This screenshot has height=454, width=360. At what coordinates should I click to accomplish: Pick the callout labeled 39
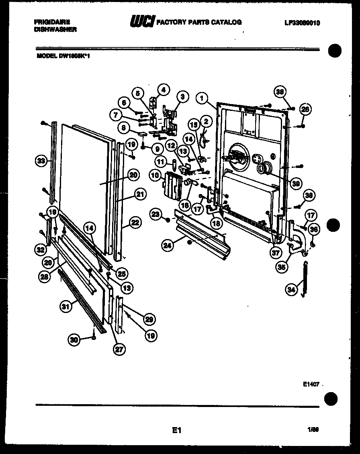(x=297, y=184)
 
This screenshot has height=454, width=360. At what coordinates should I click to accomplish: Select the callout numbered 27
(x=119, y=349)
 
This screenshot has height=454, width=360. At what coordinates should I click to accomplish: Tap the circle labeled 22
(x=135, y=222)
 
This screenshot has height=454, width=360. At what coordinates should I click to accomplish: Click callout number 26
(x=305, y=108)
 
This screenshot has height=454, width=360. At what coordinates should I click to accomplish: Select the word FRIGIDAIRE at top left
(x=52, y=22)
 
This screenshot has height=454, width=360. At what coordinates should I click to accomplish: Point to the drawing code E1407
(x=311, y=384)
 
